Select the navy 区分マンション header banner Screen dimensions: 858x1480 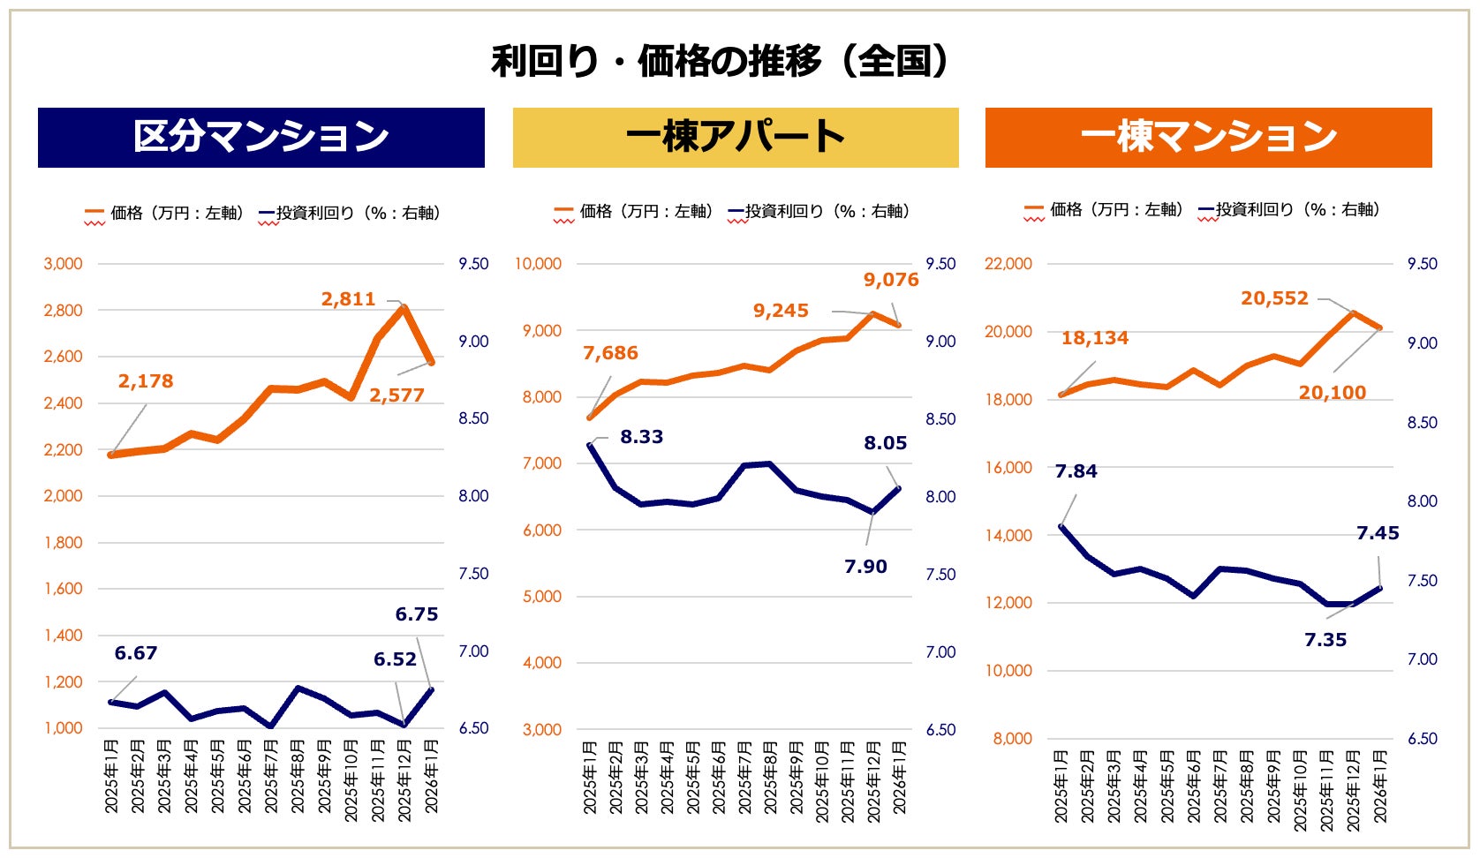coord(261,137)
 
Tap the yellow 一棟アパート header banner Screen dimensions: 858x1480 coord(735,137)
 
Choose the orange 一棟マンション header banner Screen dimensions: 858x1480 coord(1208,137)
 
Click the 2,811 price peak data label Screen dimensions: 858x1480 coord(348,299)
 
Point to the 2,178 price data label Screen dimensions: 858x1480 coord(146,381)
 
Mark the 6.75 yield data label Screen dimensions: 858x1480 coord(416,614)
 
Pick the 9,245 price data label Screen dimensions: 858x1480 coord(781,311)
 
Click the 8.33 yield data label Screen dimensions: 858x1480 coord(641,437)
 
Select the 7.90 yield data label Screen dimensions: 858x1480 coord(865,567)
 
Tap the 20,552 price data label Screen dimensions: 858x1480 coord(1274,298)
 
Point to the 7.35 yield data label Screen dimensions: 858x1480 coord(1325,640)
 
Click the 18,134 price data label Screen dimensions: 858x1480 coord(1094,338)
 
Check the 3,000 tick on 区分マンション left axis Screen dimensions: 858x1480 coord(64,264)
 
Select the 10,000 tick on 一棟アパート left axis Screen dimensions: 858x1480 coord(539,264)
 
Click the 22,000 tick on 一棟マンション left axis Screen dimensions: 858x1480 coord(1008,264)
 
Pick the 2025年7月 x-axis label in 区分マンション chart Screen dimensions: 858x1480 coord(272,776)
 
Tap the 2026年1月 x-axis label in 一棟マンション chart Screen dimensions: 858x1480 coord(1380,786)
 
